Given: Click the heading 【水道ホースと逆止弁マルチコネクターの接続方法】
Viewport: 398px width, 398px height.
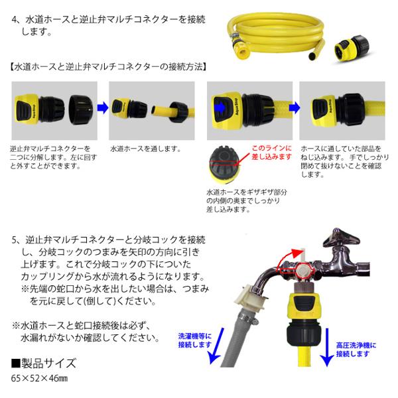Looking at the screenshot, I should point(109,67).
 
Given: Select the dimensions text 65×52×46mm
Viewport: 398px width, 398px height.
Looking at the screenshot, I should point(40,378).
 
